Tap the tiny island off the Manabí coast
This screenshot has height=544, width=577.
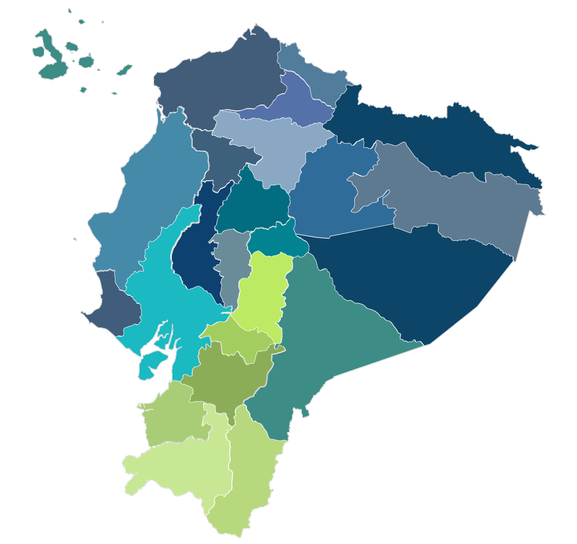(75, 239)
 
